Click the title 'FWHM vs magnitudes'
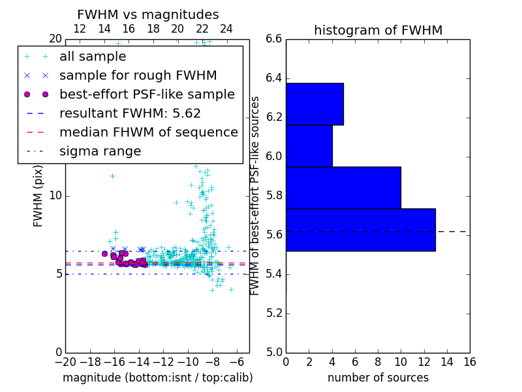147,14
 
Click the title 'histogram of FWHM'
378,30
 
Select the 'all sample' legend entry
93,57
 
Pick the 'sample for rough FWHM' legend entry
138,76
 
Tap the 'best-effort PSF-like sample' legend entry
147,95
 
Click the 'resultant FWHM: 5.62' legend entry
130,114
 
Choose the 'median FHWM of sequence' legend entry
148,133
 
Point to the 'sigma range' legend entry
100,152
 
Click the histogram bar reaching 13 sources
360,229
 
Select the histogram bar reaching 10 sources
343,188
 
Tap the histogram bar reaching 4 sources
309,146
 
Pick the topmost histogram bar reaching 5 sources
315,104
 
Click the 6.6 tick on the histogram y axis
274,39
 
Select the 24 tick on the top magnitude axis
226,29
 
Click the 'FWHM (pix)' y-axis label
38,195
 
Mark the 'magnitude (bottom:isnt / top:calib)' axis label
157,378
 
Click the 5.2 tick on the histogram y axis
274,313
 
